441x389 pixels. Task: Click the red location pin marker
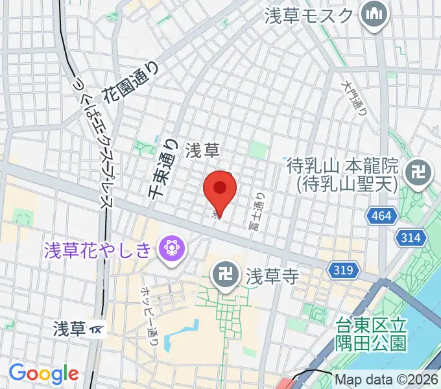(x=219, y=189)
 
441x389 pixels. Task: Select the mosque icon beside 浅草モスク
(x=374, y=14)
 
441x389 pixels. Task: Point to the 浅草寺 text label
(x=271, y=277)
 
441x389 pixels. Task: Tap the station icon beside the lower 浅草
(x=97, y=329)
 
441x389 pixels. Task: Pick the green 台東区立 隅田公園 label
(x=371, y=333)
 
